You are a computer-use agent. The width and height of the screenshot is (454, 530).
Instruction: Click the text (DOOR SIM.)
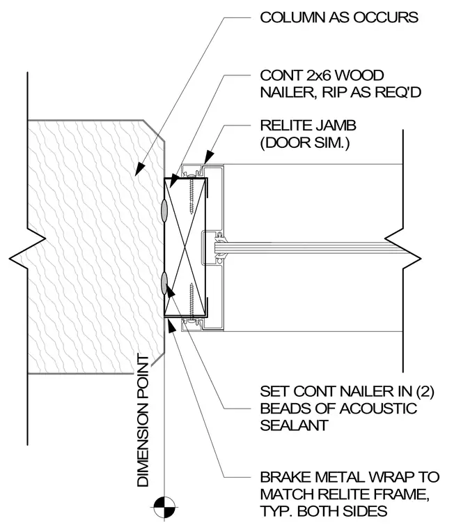coord(305,143)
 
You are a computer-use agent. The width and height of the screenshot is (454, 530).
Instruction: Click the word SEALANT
coord(294,425)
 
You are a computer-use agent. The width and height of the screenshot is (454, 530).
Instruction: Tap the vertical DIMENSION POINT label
coord(143,421)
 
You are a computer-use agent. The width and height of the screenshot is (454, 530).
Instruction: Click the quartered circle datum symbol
coord(164,507)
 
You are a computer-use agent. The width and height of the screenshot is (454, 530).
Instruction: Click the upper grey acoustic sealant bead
coord(164,211)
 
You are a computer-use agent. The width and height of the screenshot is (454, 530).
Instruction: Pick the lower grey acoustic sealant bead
coord(164,283)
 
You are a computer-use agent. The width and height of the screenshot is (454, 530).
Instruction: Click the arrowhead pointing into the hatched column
coord(139,169)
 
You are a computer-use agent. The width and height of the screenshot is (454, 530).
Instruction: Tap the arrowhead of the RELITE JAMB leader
coord(209,157)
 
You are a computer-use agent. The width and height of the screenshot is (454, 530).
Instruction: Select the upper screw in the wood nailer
coord(191,196)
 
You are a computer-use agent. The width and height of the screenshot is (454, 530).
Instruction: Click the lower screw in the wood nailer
coord(191,298)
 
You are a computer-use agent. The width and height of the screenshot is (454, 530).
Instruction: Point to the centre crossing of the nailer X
coord(185,247)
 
